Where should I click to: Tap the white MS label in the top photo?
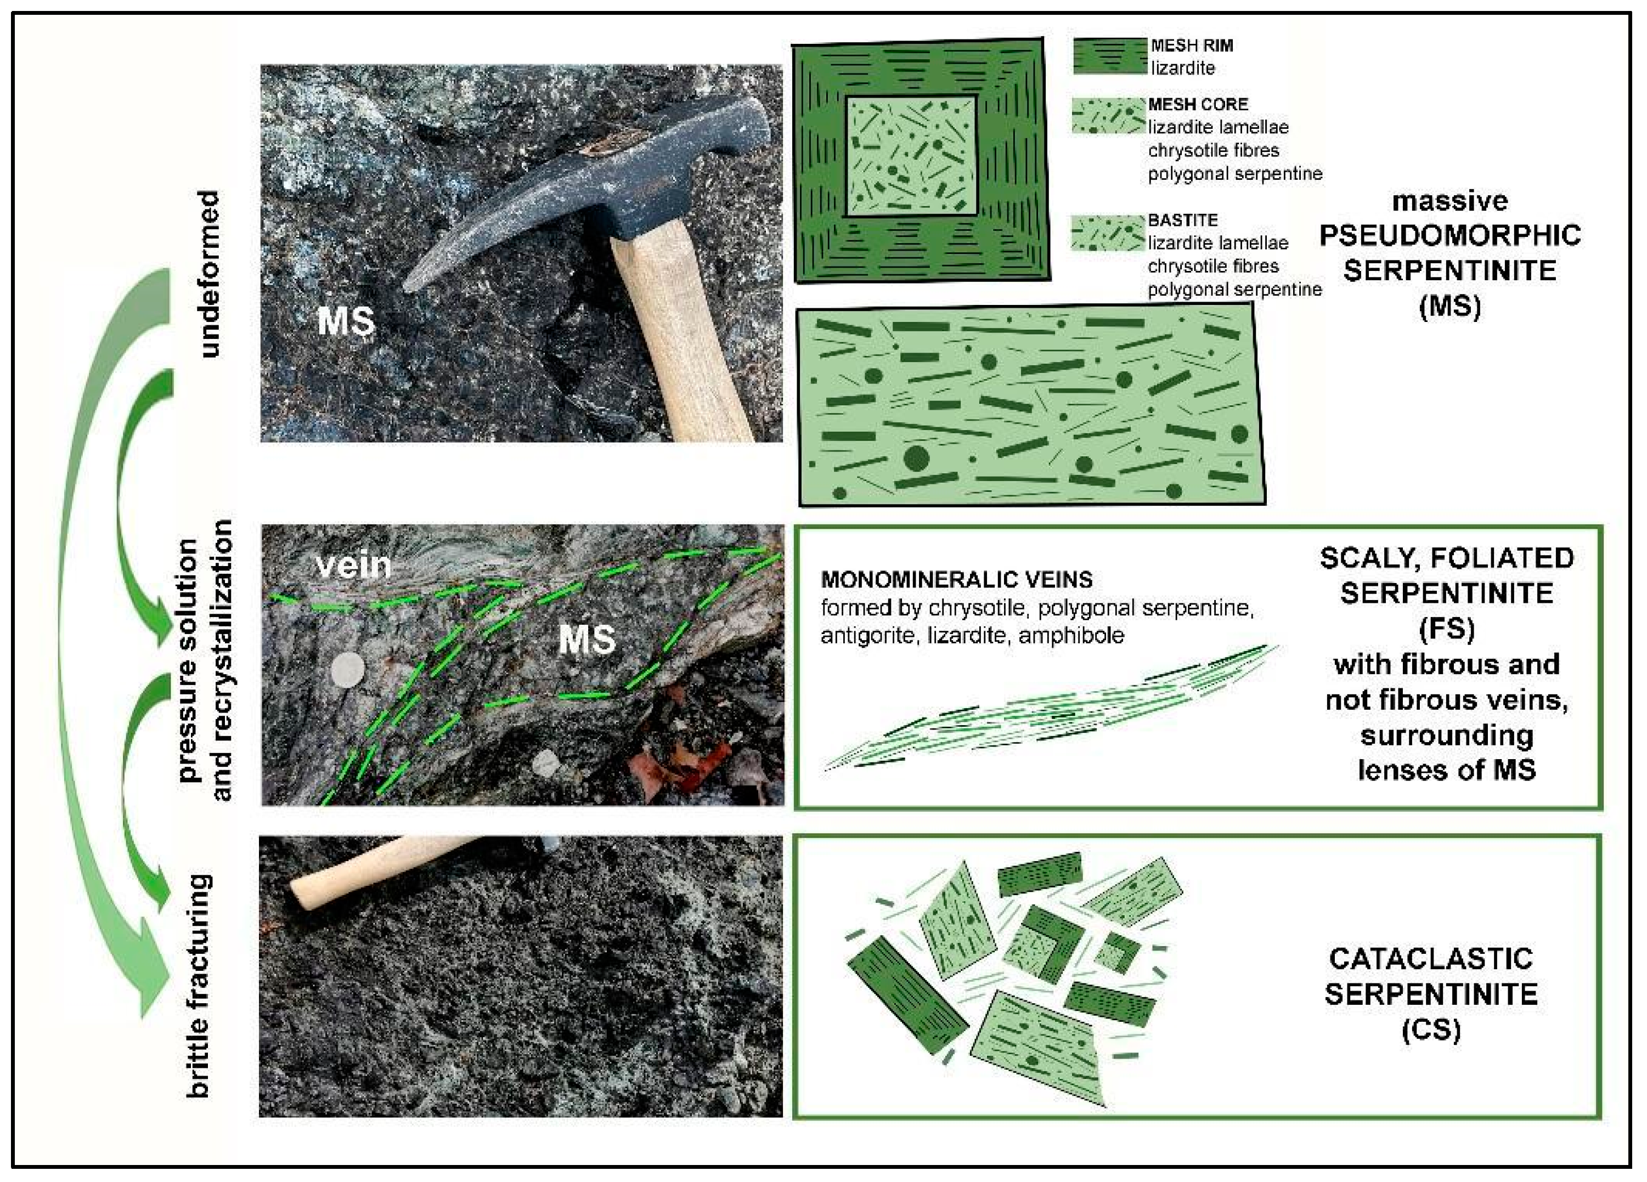point(346,321)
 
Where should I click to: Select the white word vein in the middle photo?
point(354,564)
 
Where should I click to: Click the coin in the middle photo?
point(348,668)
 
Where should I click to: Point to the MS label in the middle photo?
point(586,640)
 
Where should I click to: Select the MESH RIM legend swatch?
point(1109,56)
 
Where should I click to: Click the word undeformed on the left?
point(208,274)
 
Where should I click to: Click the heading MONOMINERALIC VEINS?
point(956,579)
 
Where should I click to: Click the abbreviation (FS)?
point(1447,629)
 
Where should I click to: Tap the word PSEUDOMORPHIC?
point(1449,235)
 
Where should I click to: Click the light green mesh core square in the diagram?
point(911,156)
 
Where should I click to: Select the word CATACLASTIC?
point(1431,958)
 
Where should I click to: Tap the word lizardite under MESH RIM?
point(1182,68)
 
